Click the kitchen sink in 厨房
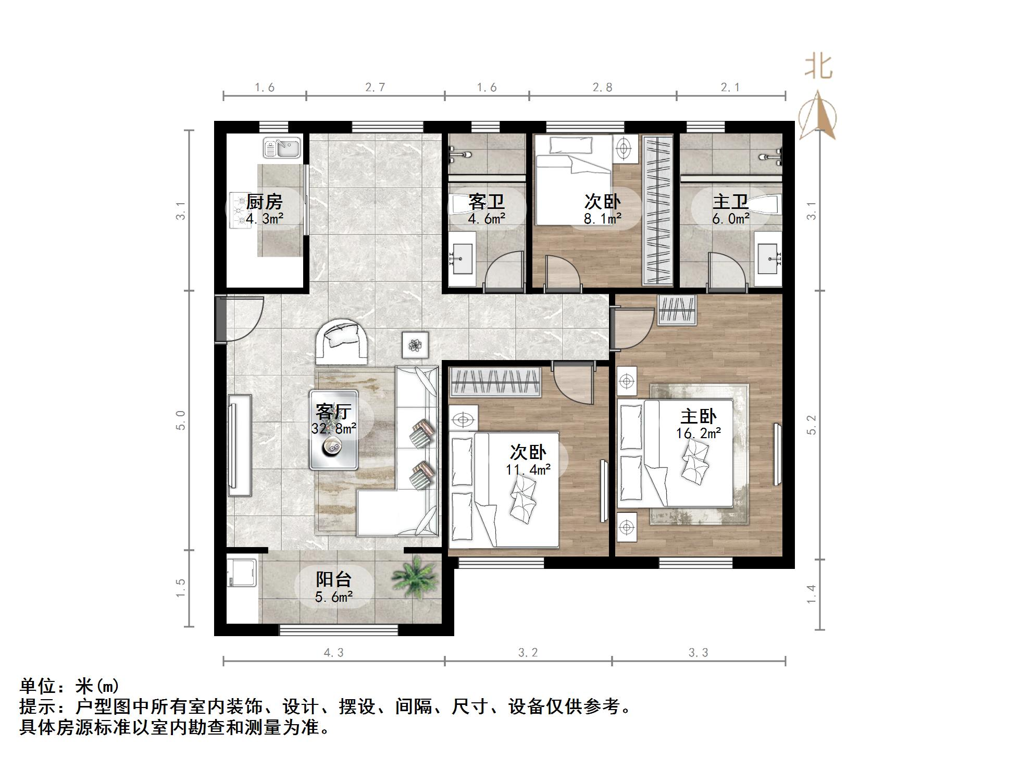tap(282, 147)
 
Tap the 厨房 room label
tap(264, 202)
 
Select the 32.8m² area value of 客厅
tap(334, 428)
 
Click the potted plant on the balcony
tap(416, 577)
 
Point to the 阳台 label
tap(334, 579)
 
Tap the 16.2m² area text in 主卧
tap(698, 433)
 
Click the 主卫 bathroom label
tap(730, 202)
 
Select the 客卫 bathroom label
tap(486, 202)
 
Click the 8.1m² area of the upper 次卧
tap(602, 219)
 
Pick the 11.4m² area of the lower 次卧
tap(528, 469)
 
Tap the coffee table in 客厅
tap(333, 430)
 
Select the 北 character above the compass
tap(818, 67)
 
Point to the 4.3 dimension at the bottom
tap(333, 652)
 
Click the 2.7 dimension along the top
tap(375, 88)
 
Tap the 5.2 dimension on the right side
tap(812, 425)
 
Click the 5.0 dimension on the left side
tap(180, 420)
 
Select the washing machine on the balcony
tap(242, 577)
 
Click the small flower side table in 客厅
tap(415, 344)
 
